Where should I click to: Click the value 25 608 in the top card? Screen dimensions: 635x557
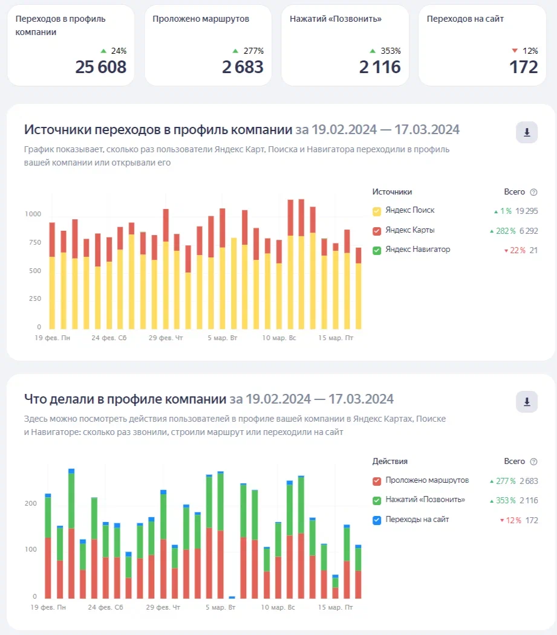pos(100,66)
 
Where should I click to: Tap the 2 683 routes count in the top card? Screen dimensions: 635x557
pos(243,66)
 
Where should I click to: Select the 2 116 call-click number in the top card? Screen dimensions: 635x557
pos(380,66)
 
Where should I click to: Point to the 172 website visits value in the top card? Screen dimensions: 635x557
pos(524,66)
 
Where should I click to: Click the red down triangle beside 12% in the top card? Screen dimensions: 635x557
pos(515,51)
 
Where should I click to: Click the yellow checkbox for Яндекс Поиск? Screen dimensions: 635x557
pos(377,211)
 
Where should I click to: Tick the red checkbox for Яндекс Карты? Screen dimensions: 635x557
pos(377,231)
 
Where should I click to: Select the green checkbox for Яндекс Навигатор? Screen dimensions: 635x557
pos(377,250)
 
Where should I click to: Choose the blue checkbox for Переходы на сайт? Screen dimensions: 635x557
pos(377,520)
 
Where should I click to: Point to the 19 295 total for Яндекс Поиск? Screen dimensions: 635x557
pos(526,211)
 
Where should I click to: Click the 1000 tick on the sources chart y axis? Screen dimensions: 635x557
pos(33,214)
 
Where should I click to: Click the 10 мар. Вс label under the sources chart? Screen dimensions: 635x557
pos(279,338)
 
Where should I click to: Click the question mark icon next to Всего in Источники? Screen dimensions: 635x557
pos(533,192)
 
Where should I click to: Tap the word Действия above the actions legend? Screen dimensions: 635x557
pos(390,462)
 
